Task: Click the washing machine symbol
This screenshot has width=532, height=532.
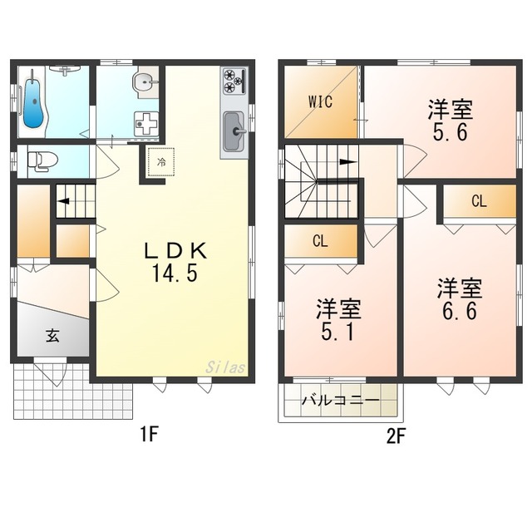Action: coord(147,123)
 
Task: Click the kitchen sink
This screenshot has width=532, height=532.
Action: coord(234,130)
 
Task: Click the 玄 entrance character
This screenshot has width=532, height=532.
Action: coord(52,336)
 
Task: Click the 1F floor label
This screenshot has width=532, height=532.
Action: coord(149,432)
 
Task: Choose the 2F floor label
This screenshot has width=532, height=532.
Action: coord(394,432)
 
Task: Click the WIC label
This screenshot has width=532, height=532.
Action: coord(321,102)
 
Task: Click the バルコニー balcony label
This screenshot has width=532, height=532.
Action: coord(340,400)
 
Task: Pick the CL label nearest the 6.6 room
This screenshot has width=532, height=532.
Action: coord(479,201)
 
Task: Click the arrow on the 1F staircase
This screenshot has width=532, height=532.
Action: coord(62,200)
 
